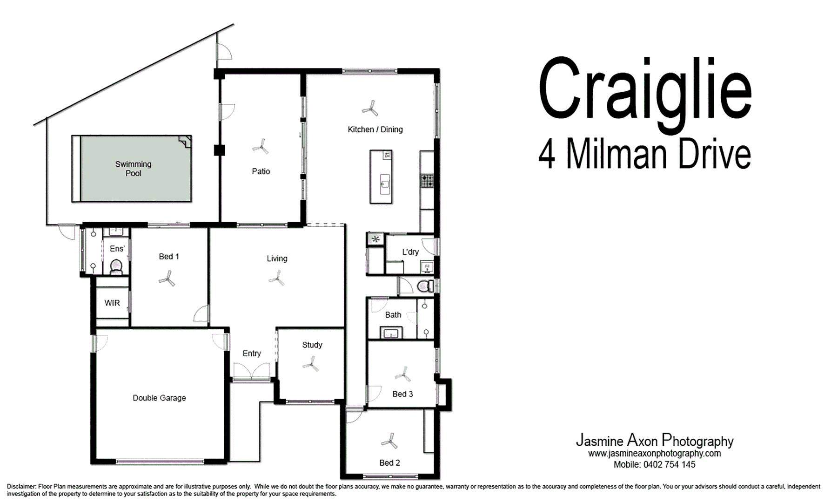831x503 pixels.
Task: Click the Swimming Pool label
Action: coord(133,169)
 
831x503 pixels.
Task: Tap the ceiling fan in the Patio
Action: coord(261,148)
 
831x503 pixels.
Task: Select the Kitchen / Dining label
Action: coord(375,129)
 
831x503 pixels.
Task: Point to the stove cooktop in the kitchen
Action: coord(427,181)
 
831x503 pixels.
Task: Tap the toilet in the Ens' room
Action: coord(116,267)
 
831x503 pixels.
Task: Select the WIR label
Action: coord(112,303)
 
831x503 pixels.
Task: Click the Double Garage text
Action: coord(159,398)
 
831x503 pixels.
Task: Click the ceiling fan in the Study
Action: coord(310,364)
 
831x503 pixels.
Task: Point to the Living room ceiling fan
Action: coord(276,279)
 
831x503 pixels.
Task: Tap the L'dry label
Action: coord(410,252)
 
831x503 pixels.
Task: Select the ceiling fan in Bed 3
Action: coord(403,374)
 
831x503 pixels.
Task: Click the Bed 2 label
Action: coord(389,463)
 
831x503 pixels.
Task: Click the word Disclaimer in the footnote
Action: coord(21,487)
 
